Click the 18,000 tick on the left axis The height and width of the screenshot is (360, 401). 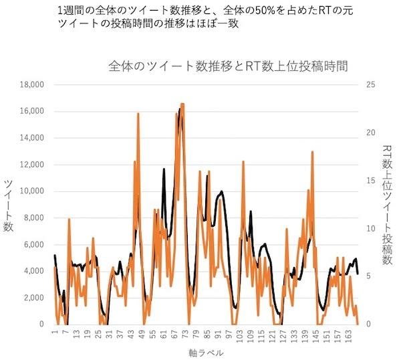click(x=31, y=85)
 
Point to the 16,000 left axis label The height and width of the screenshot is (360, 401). click(x=31, y=111)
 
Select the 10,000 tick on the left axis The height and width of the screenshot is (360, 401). click(x=31, y=191)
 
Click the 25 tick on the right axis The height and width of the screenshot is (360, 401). click(x=366, y=85)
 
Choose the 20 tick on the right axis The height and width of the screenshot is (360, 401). click(x=366, y=132)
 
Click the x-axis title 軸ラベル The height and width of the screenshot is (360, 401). click(x=206, y=352)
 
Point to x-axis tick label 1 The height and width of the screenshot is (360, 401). click(x=54, y=333)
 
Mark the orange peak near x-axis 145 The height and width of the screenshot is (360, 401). click(x=312, y=153)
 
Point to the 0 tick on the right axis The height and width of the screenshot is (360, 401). click(x=364, y=324)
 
